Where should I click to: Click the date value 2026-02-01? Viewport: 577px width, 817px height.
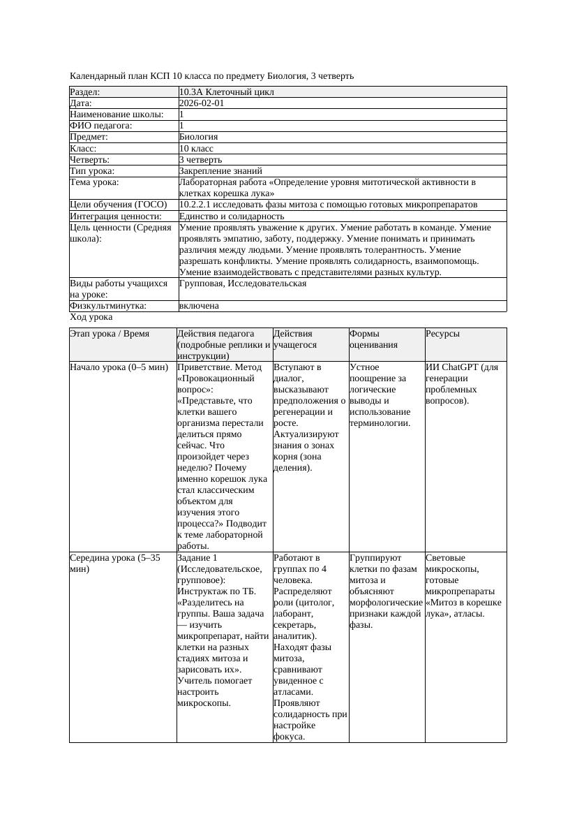(x=202, y=103)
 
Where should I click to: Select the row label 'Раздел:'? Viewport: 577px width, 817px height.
(x=84, y=91)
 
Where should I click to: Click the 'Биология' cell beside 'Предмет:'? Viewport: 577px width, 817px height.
(x=199, y=137)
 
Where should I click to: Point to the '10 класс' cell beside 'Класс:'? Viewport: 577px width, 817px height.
(x=196, y=148)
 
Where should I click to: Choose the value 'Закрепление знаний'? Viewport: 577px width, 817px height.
(x=220, y=170)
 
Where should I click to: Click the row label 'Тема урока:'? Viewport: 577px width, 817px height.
(x=94, y=182)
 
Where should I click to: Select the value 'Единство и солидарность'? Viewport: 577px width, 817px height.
(x=232, y=216)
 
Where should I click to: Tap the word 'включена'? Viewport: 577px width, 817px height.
(x=199, y=306)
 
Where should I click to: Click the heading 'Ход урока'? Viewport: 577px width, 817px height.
(x=91, y=317)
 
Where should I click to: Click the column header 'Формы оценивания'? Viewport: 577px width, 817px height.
(x=373, y=339)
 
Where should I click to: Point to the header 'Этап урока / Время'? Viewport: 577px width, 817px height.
(x=110, y=334)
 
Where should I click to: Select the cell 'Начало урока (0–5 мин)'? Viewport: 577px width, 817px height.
(x=119, y=367)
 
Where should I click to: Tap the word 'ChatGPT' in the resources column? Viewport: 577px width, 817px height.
(x=460, y=367)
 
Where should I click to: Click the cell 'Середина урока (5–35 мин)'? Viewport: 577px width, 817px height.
(x=115, y=564)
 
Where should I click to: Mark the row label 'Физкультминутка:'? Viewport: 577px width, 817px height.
(x=108, y=306)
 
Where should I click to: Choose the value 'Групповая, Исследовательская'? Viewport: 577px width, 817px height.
(x=243, y=284)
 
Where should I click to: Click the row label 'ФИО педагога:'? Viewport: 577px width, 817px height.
(x=101, y=126)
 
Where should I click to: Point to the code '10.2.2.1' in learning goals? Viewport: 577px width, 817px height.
(x=197, y=205)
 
